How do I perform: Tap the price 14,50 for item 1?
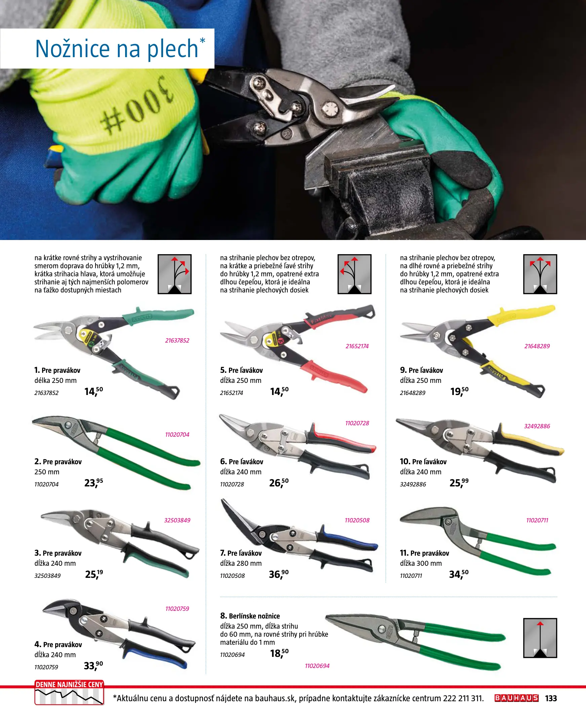93,391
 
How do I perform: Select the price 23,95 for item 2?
93,482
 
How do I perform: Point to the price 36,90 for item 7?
278,574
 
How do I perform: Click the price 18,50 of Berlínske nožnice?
279,653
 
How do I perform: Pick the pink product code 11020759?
177,609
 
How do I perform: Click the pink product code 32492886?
537,426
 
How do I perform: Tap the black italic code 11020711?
411,576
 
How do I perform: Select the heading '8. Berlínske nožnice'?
250,616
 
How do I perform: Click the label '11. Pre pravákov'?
424,553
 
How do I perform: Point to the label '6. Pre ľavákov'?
241,462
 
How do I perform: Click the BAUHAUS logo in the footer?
516,698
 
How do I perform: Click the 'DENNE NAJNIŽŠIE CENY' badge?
69,691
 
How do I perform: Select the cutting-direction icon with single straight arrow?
540,638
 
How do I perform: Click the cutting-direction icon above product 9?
540,274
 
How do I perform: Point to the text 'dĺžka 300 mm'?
421,563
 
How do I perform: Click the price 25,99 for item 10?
459,482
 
